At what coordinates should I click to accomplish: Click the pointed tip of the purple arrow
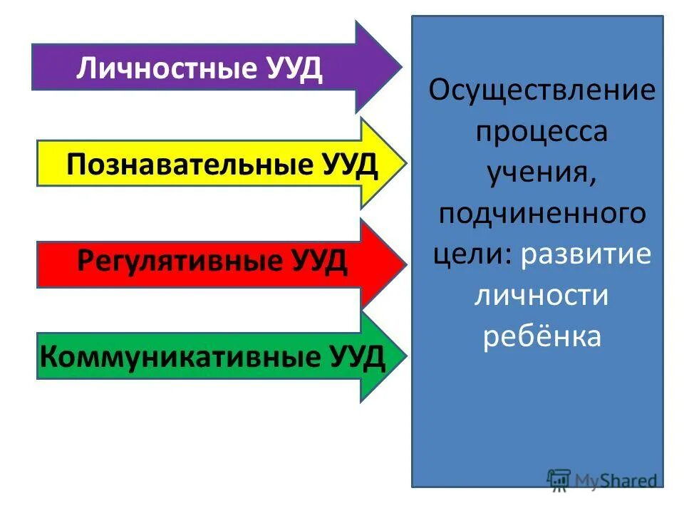[400, 67]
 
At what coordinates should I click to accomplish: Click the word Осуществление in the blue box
[541, 93]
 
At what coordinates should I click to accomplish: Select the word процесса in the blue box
[541, 133]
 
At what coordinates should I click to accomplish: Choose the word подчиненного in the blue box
[541, 214]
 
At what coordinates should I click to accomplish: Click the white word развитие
[586, 255]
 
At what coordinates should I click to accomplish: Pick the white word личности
[541, 295]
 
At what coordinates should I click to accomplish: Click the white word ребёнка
[541, 336]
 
